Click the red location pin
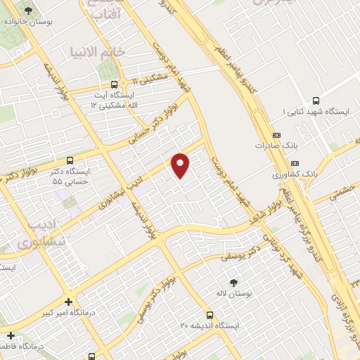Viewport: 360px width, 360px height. tap(181, 165)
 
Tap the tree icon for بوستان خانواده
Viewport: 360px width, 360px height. tap(28, 11)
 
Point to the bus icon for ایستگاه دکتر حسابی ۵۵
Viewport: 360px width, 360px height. tap(69, 160)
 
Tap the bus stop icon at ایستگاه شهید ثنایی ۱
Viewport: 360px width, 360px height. tap(315, 100)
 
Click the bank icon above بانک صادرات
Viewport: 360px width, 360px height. tap(276, 135)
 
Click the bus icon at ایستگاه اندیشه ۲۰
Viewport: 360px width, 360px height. tap(210, 315)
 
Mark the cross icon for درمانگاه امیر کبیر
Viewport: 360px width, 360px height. tap(69, 302)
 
